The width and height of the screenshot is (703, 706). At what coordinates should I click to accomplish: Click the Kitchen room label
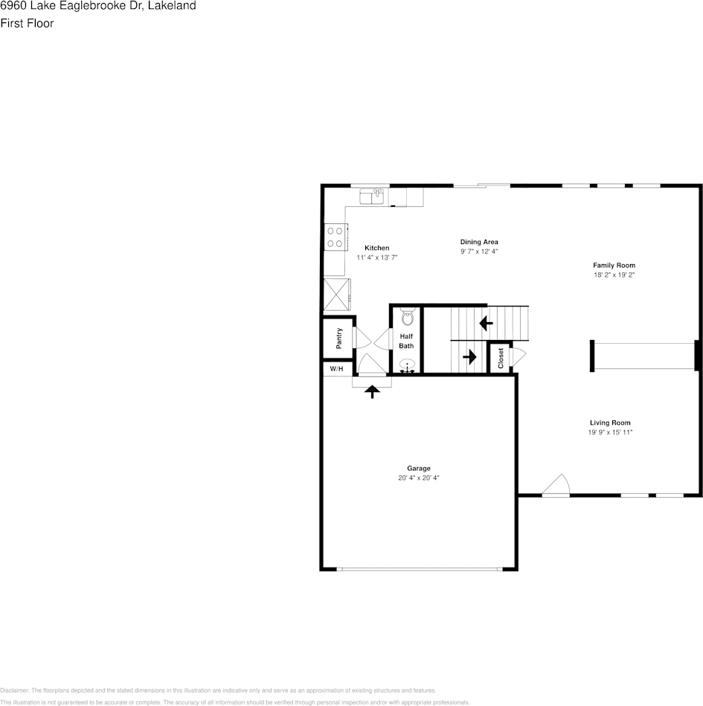coord(376,248)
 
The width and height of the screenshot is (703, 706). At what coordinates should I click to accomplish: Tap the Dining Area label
coord(478,242)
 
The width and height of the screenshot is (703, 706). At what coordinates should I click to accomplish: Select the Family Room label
coord(614,266)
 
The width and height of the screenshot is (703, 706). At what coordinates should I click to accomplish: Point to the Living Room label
coord(610,423)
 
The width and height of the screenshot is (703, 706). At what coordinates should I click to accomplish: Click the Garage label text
coord(418,468)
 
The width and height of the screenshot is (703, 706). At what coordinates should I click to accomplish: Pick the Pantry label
coord(338,338)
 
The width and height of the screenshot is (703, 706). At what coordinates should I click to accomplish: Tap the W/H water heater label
coord(336,368)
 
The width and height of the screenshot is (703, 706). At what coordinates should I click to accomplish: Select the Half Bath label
coord(406,341)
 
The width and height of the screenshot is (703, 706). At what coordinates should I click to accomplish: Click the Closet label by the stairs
coord(501,358)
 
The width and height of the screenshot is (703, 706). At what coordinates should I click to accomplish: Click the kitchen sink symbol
coord(371,196)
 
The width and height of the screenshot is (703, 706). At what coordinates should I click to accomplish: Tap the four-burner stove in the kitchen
coord(336,237)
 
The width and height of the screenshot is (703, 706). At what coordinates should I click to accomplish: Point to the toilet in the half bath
coord(406,318)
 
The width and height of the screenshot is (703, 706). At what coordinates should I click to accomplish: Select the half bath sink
coord(407,365)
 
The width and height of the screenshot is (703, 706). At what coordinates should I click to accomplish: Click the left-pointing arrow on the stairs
coord(486,324)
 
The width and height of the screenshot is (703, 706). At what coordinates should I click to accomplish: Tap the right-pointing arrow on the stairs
coord(469,357)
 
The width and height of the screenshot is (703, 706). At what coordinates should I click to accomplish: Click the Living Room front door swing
coord(556,485)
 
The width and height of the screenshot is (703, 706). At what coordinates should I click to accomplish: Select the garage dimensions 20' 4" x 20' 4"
coord(418,478)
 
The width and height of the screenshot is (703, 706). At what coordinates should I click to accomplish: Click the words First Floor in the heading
coord(27,23)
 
